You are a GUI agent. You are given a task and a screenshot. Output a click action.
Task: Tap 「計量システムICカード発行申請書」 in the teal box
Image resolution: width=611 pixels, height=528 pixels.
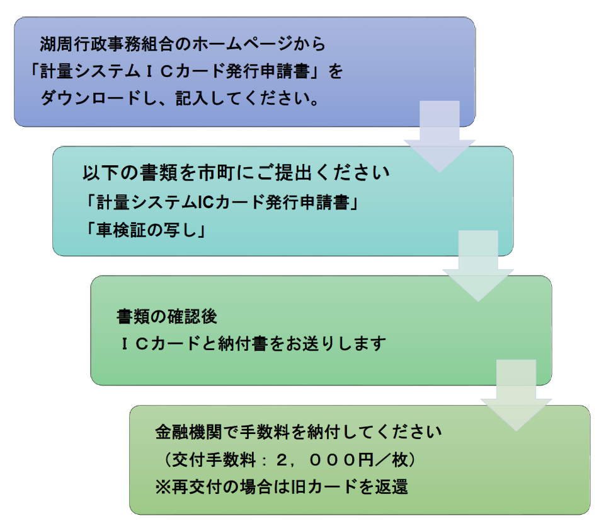click(224, 203)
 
